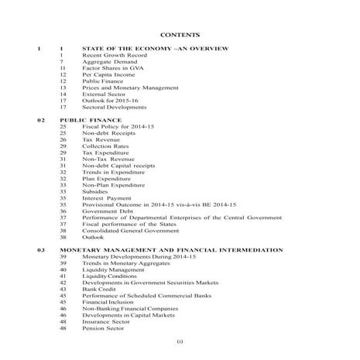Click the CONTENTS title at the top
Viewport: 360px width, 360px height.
(x=180, y=35)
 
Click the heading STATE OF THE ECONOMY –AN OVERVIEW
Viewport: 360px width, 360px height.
(x=155, y=50)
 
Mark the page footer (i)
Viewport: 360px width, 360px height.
(x=180, y=342)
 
